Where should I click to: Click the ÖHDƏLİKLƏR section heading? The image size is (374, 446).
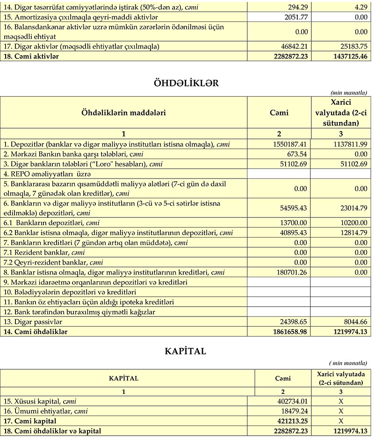pos(187,83)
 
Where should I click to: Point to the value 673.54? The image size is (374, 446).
pos(297,154)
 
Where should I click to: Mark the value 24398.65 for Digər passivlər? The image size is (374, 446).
pos(292,322)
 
